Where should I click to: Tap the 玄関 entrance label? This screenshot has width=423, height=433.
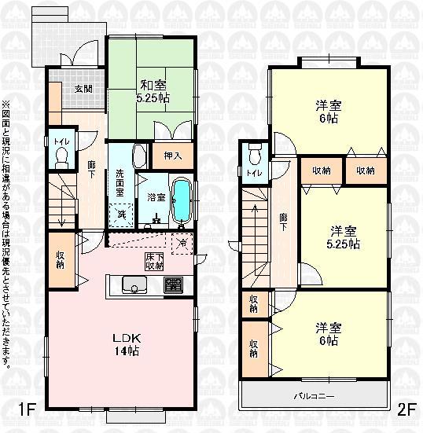pos(83,89)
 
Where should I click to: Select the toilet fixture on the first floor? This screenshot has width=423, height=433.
pos(62,156)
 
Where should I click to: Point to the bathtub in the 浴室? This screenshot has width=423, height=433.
pos(180,200)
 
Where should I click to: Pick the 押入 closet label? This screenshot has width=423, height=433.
pos(173,156)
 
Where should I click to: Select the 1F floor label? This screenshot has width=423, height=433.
pos(28,409)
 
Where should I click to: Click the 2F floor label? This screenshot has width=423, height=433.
pos(406,409)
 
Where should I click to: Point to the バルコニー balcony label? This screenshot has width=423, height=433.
pos(314,396)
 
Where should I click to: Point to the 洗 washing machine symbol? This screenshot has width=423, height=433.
pos(122,214)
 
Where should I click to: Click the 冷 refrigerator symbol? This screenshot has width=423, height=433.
pos(184,242)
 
